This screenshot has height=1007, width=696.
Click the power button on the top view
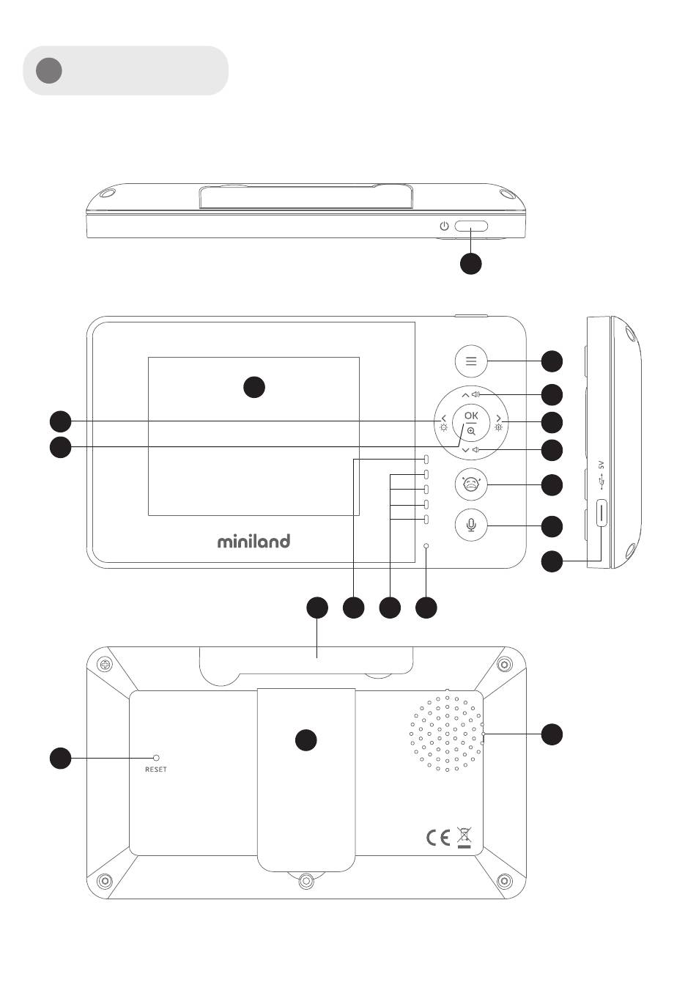pyautogui.click(x=471, y=227)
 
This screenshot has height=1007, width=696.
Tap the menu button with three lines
pyautogui.click(x=471, y=361)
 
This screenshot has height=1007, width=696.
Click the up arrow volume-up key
pyautogui.click(x=465, y=394)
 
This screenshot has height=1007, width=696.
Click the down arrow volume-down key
pyautogui.click(x=465, y=449)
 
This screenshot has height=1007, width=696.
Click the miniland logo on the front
pyautogui.click(x=253, y=542)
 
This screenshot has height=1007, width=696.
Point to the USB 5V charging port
pyautogui.click(x=602, y=514)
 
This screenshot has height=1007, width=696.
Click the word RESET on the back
pyautogui.click(x=155, y=770)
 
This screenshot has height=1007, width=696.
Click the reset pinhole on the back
pyautogui.click(x=155, y=757)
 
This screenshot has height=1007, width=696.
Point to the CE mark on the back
pyautogui.click(x=438, y=838)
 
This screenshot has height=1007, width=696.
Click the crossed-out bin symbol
pyautogui.click(x=464, y=836)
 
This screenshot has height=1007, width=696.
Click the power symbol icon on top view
pyautogui.click(x=444, y=226)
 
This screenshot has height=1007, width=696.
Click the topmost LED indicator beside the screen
pyautogui.click(x=426, y=460)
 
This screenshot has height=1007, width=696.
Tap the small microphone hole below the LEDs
pyautogui.click(x=426, y=547)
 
